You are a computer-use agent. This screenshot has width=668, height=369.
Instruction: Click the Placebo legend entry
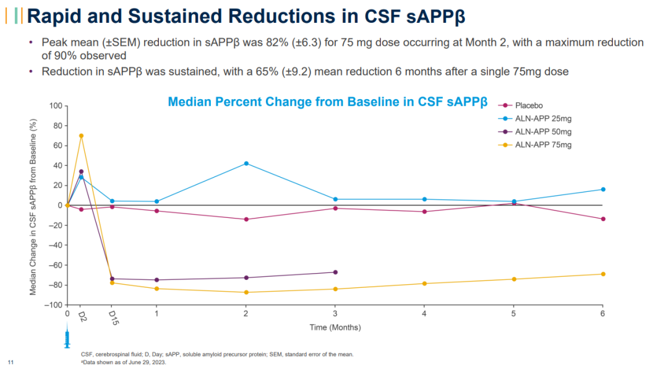pyautogui.click(x=528, y=106)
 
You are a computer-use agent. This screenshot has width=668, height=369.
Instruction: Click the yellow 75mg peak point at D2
pyautogui.click(x=81, y=136)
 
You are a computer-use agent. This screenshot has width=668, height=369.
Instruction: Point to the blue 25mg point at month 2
pyautogui.click(x=246, y=163)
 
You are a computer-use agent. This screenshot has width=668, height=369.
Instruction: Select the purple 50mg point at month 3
pyautogui.click(x=335, y=272)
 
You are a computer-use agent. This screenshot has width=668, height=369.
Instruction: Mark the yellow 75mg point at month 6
pyautogui.click(x=603, y=274)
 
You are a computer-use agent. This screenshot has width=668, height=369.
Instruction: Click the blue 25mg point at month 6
pyautogui.click(x=603, y=189)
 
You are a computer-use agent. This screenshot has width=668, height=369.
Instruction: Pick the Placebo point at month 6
pyautogui.click(x=603, y=219)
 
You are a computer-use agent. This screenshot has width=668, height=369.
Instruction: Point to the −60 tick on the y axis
pyautogui.click(x=54, y=265)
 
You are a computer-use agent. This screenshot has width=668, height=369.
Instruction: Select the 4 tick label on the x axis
pyautogui.click(x=424, y=315)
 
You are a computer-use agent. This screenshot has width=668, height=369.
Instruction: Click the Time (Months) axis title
pyautogui.click(x=335, y=328)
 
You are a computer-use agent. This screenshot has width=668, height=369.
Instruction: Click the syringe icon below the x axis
pyautogui.click(x=67, y=339)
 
